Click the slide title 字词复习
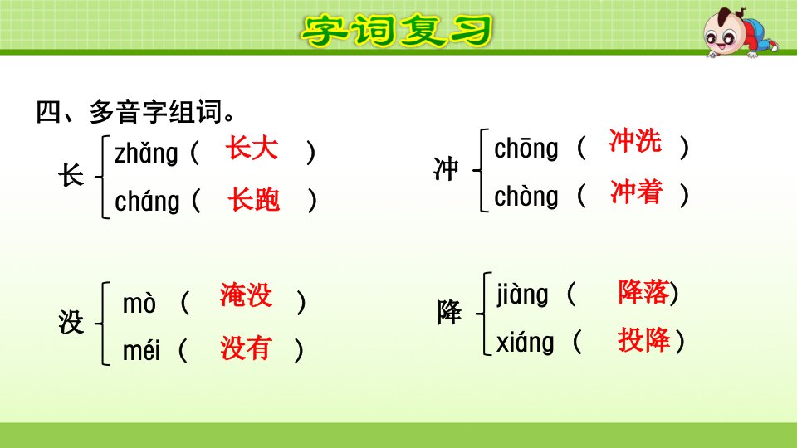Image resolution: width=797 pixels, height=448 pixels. tap(397, 30)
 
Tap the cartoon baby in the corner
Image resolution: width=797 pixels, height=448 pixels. tap(740, 32)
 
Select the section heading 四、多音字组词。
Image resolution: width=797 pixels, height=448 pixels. tap(135, 112)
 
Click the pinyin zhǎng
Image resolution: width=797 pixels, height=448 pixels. tap(146, 153)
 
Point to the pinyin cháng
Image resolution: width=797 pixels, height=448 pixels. tap(148, 201)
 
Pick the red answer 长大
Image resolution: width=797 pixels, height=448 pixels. tap(252, 149)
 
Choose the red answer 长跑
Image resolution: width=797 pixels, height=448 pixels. tap(254, 198)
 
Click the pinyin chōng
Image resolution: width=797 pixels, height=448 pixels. tap(526, 149)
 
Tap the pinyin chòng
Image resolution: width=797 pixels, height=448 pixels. tap(526, 196)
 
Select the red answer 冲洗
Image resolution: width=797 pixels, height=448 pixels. tap(635, 141)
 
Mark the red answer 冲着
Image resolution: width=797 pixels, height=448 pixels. tap(637, 192)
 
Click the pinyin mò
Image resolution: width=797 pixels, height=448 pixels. tap(139, 304)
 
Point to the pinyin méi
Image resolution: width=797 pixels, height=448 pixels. tap(142, 350)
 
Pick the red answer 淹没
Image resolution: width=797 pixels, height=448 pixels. tap(246, 295)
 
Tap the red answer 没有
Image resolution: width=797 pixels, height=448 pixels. tap(245, 348)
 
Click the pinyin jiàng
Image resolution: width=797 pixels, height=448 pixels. tap(522, 295)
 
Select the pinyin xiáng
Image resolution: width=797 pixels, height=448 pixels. tap(525, 343)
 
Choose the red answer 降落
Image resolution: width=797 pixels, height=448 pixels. tap(643, 293)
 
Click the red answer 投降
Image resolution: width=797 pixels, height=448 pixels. tap(644, 340)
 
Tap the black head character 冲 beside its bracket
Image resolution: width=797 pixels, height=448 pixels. tap(446, 169)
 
